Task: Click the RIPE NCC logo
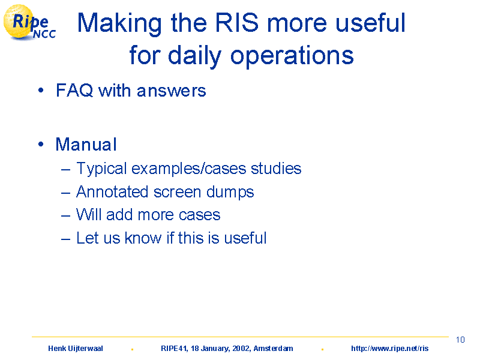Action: point(29,22)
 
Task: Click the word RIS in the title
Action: point(237,23)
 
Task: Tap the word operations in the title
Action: point(292,56)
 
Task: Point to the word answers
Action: point(172,91)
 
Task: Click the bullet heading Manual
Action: point(86,144)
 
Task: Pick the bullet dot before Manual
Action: point(41,144)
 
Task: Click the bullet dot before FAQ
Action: point(41,91)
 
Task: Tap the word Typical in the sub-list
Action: point(101,169)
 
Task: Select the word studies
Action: point(276,169)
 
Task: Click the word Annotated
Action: point(112,192)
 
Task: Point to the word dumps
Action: point(230,193)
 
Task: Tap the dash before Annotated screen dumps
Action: point(65,193)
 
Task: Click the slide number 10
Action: point(460,340)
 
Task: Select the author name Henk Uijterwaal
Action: point(76,349)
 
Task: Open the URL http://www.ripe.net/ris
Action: point(389,349)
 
